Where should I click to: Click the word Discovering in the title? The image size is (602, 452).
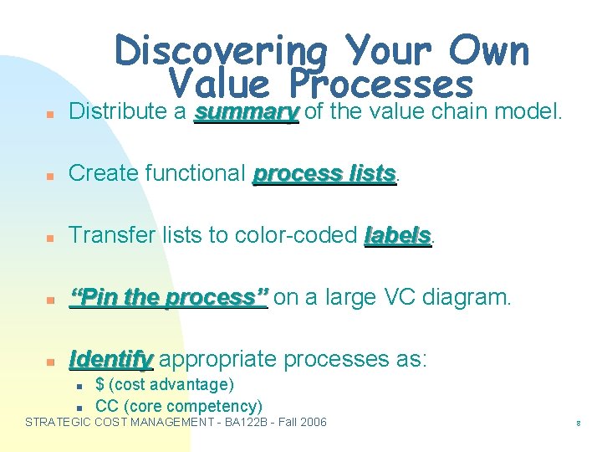pyautogui.click(x=221, y=52)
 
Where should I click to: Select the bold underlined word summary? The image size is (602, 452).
pyautogui.click(x=246, y=111)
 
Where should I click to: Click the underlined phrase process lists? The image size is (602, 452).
pyautogui.click(x=324, y=173)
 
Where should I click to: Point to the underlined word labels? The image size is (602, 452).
pyautogui.click(x=398, y=235)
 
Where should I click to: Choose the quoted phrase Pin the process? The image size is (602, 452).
pyautogui.click(x=168, y=297)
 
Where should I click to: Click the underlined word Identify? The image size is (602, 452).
pyautogui.click(x=111, y=359)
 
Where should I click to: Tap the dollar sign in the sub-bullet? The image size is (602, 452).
pyautogui.click(x=100, y=385)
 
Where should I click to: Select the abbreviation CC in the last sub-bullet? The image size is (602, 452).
pyautogui.click(x=105, y=406)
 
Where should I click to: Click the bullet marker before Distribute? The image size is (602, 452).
pyautogui.click(x=52, y=113)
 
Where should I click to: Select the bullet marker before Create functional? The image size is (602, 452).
pyautogui.click(x=52, y=175)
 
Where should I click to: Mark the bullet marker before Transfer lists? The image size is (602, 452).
pyautogui.click(x=52, y=237)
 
